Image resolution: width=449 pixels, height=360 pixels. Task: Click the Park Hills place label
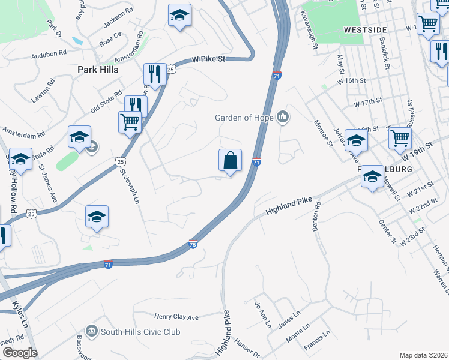[98, 70]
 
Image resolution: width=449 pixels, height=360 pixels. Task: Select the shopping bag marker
[230, 161]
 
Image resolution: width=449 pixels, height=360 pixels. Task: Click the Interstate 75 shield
[192, 244]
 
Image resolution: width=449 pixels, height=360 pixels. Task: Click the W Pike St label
[208, 59]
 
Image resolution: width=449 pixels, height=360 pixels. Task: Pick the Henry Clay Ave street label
[176, 317]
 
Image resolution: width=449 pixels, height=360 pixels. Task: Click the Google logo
[20, 353]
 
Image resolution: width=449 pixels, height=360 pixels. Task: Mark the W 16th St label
[351, 80]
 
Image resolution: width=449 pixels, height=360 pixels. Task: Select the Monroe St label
[323, 133]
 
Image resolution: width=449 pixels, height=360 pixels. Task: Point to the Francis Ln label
[317, 340]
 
